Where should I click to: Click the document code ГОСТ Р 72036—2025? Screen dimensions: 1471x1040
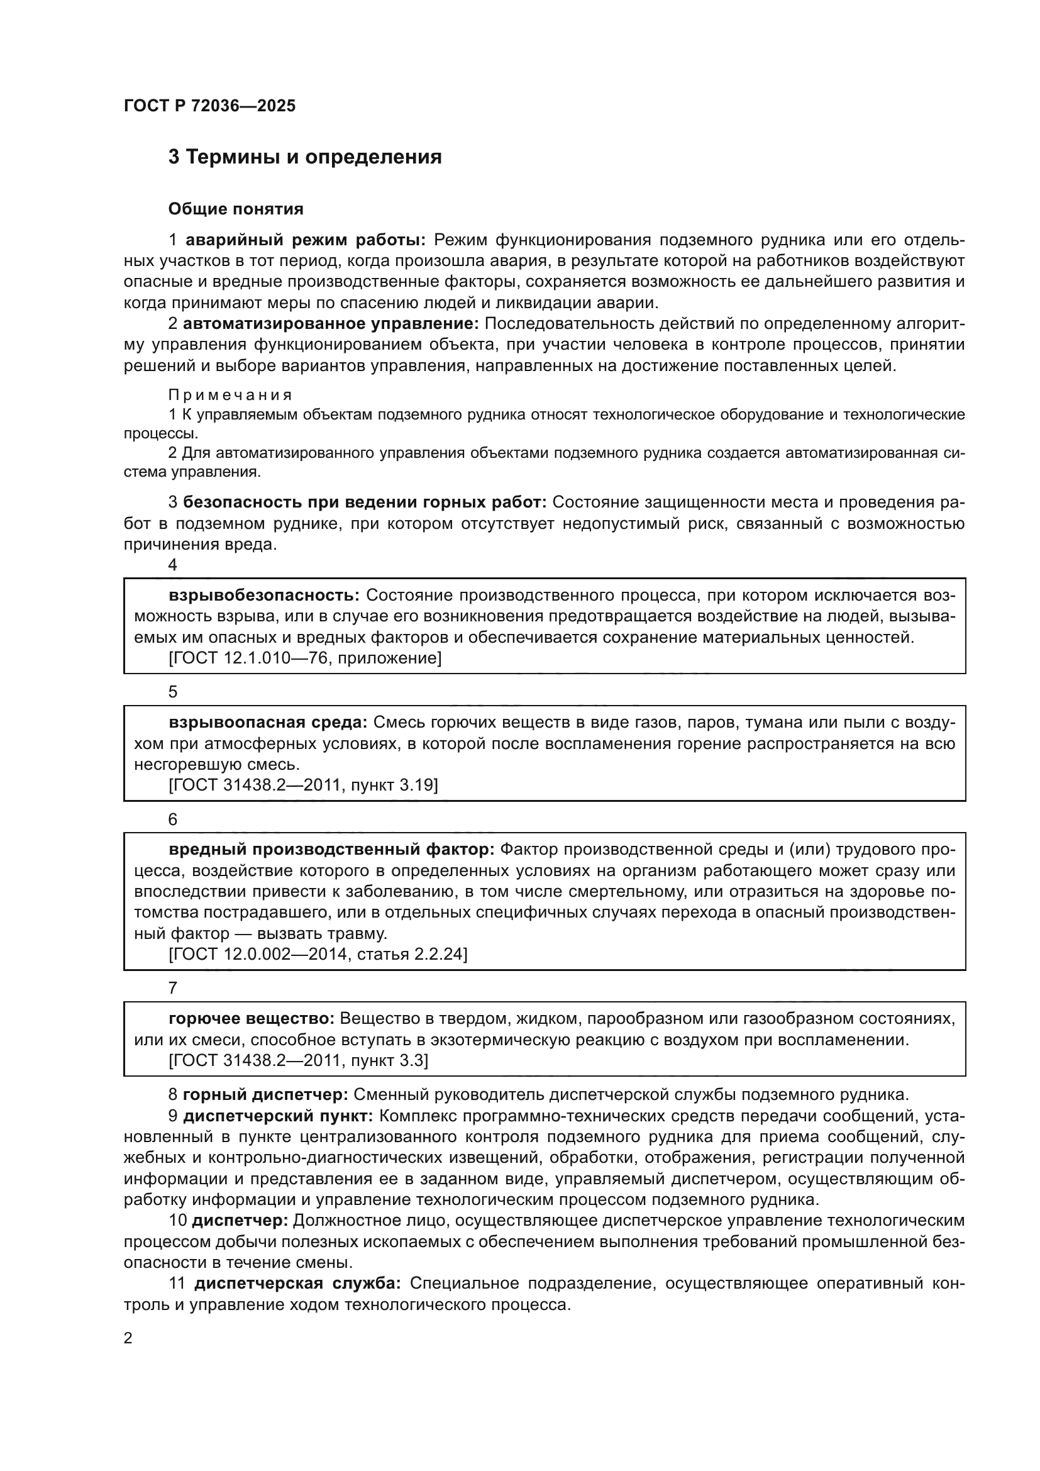tap(209, 106)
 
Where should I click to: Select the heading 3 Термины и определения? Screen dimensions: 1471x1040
tap(305, 157)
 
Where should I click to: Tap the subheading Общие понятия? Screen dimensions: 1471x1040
tap(235, 209)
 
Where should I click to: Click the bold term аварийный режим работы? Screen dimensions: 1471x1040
tap(306, 240)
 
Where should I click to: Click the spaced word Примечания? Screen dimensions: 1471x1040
tap(230, 395)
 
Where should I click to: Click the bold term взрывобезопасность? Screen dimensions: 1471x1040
tap(265, 595)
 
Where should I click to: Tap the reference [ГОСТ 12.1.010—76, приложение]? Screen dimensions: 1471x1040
tap(305, 658)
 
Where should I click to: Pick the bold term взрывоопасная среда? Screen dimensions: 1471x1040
tap(268, 723)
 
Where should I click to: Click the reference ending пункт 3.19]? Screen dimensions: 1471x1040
tap(303, 785)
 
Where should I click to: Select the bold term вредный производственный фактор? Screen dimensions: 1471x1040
tap(331, 850)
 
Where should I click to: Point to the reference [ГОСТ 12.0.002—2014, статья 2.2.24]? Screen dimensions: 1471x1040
tap(318, 955)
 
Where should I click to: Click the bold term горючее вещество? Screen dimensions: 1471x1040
tap(252, 1019)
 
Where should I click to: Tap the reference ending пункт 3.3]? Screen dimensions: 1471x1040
tap(298, 1060)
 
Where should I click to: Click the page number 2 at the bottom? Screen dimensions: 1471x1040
tap(128, 1338)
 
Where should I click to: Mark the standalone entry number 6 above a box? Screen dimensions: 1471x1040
tap(172, 819)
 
